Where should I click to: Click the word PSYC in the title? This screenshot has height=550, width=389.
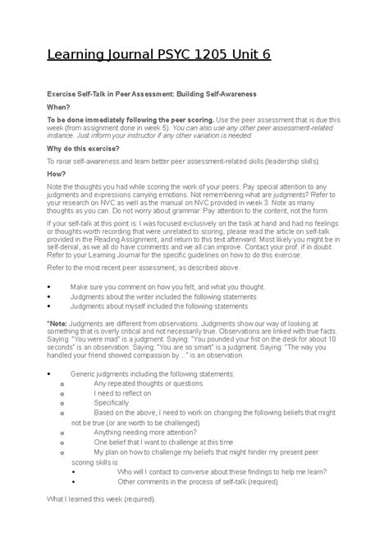162,55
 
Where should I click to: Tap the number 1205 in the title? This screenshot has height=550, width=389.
208,55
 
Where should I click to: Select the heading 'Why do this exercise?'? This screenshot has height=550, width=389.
83,149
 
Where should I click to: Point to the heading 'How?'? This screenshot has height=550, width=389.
56,174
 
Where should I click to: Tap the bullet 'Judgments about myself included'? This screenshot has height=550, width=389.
159,305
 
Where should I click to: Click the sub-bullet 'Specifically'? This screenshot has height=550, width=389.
112,403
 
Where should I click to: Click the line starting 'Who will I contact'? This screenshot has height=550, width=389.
222,471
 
